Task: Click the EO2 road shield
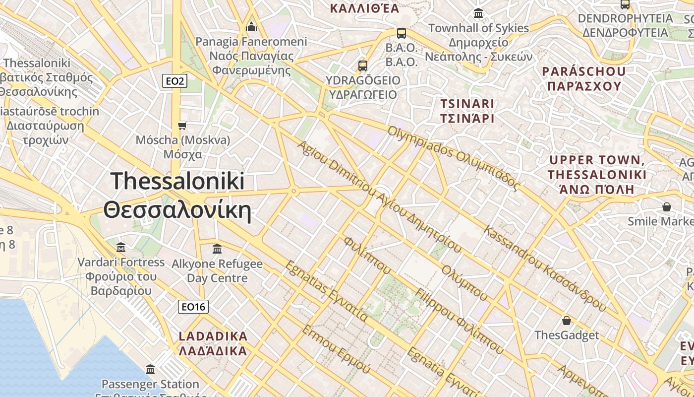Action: (x=174, y=80)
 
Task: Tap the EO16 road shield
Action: (x=193, y=307)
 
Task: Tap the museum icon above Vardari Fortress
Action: (x=121, y=247)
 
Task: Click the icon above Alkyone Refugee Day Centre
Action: (x=217, y=249)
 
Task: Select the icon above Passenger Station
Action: (x=150, y=369)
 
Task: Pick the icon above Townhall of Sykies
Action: (x=478, y=13)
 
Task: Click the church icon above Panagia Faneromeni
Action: (x=251, y=26)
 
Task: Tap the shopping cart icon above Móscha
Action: (x=182, y=126)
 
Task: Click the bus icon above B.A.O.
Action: (x=402, y=33)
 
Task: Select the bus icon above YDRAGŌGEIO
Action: (x=363, y=66)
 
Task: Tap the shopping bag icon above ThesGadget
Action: (x=566, y=321)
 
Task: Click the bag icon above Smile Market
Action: (x=667, y=206)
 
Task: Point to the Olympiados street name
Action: (x=454, y=158)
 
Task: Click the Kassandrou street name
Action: (x=545, y=268)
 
